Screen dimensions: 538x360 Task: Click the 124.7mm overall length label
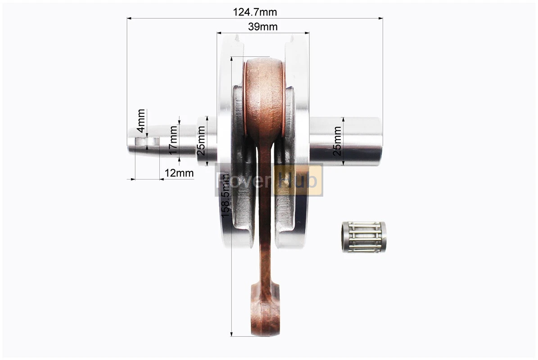[x=254, y=12]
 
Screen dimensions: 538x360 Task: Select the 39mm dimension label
[x=263, y=27]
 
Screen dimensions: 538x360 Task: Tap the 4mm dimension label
[x=141, y=121]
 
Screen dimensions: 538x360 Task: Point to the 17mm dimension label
[x=173, y=140]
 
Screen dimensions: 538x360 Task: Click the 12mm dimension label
[x=179, y=173]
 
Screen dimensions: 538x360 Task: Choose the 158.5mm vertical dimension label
[x=225, y=195]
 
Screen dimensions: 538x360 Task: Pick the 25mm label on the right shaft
[x=337, y=141]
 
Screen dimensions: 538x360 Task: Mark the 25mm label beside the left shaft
[x=201, y=140]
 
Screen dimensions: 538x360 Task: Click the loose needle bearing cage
[x=364, y=237]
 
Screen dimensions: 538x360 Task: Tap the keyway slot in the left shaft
[x=147, y=141]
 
